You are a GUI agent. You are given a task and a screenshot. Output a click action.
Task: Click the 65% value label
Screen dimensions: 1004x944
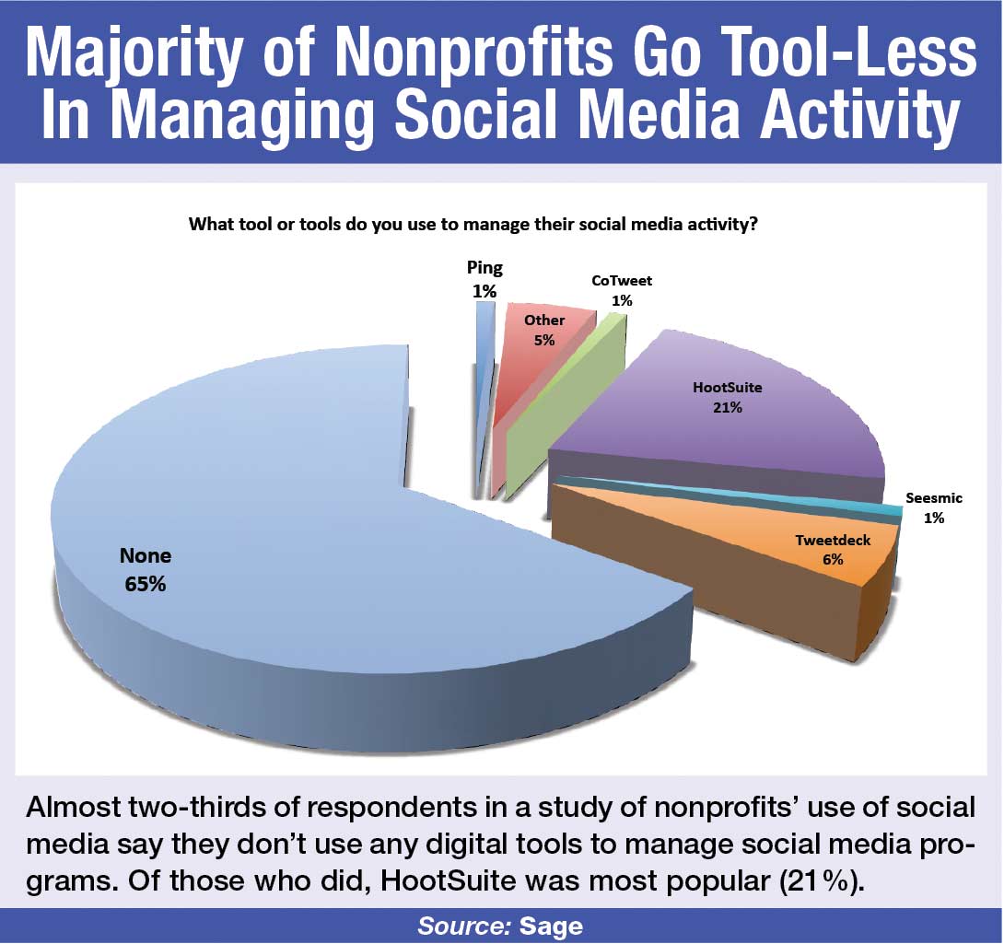pos(146,584)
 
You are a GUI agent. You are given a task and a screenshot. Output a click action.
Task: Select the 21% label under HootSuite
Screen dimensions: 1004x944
pos(728,407)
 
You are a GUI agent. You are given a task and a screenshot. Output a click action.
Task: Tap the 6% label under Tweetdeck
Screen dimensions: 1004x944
pos(833,559)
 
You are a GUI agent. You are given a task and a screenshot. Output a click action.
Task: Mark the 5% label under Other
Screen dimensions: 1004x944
pos(544,340)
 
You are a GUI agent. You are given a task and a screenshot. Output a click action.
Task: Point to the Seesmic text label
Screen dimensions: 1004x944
pos(934,497)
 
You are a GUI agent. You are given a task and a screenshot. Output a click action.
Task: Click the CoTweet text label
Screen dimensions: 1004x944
pos(622,281)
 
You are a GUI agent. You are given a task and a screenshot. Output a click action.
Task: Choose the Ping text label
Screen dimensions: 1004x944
pos(484,268)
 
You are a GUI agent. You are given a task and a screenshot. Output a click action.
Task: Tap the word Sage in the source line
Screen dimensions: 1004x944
pos(552,927)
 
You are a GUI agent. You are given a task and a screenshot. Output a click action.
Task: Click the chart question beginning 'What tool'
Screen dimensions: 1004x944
pos(473,225)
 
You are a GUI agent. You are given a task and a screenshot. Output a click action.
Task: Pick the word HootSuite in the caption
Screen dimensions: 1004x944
pos(449,881)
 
